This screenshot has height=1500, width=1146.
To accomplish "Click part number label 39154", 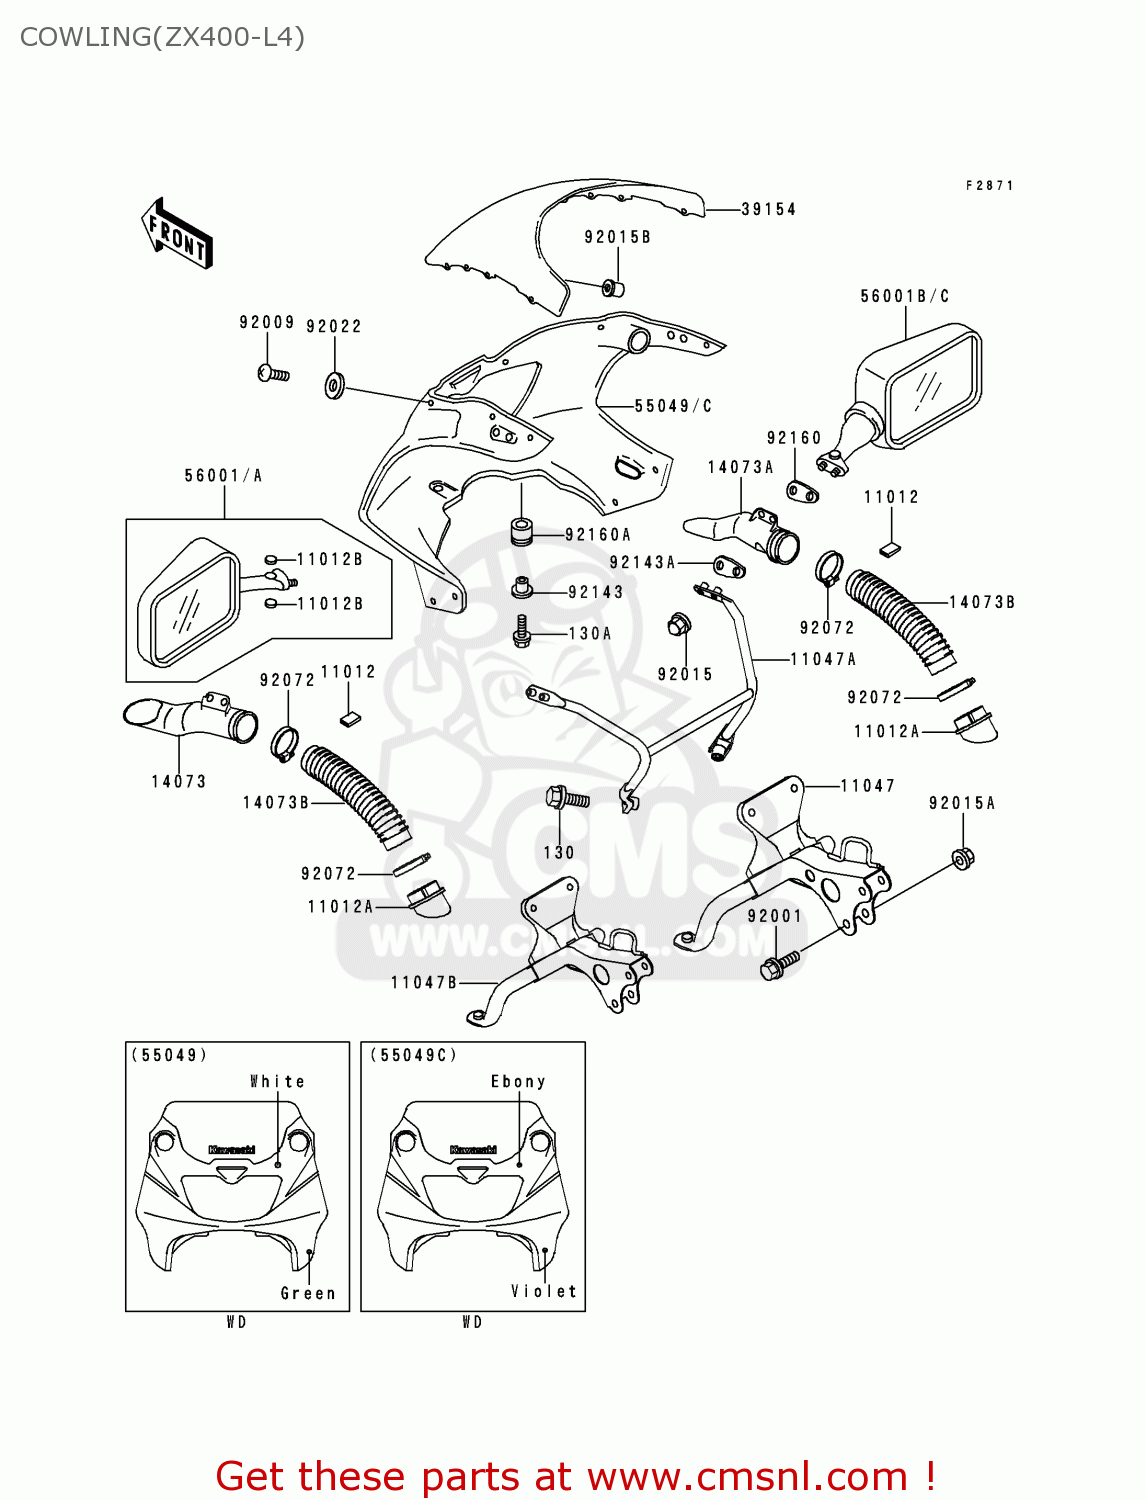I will point(768,210).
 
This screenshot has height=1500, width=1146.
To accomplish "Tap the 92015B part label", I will point(617,237).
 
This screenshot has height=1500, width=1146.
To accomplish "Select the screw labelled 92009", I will point(273,374).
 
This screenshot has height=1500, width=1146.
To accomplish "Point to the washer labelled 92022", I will point(334,384).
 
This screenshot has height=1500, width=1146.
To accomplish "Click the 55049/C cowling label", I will point(673,406).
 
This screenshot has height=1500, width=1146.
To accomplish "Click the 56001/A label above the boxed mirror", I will point(223,476).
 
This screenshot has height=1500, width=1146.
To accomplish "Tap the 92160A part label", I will point(598,535).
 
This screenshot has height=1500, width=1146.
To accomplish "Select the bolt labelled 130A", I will point(521,631).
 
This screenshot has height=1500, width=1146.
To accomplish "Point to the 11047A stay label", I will point(823,659).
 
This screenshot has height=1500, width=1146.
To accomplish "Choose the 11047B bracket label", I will point(424,983).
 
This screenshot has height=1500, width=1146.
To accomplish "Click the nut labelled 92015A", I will point(962,858).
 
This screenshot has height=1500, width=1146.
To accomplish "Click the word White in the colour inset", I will point(277,1082).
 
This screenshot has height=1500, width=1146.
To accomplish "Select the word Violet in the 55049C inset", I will point(544,1292).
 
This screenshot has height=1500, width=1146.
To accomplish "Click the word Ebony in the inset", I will point(518,1082).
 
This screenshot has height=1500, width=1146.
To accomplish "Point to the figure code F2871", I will point(989,186).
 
